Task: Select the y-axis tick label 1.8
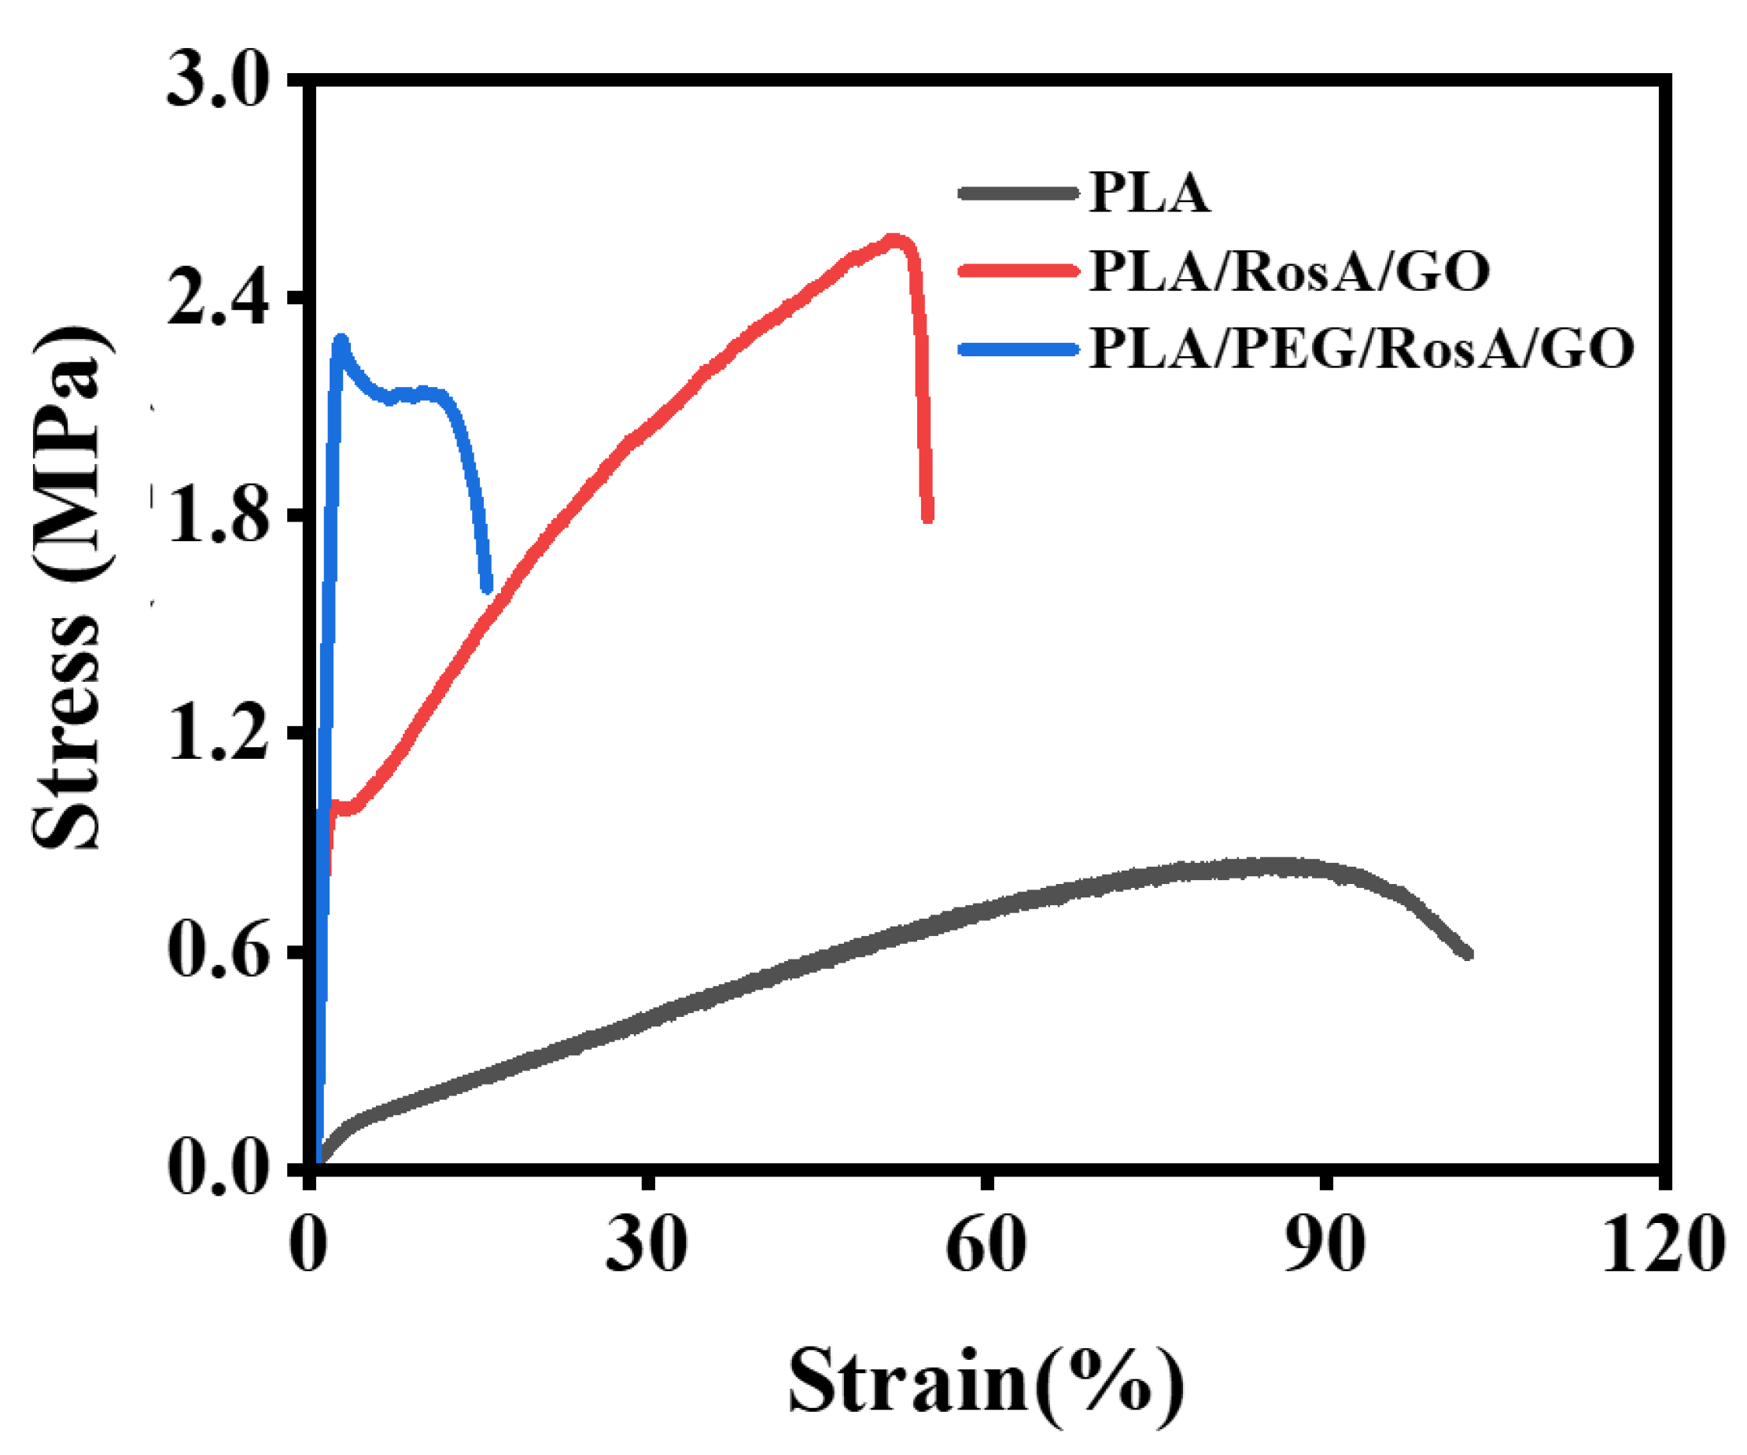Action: [218, 517]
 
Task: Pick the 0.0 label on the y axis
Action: [218, 1169]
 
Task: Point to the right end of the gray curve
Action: [1469, 954]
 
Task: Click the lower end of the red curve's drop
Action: [928, 518]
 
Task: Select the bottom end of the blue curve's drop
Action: [487, 588]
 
